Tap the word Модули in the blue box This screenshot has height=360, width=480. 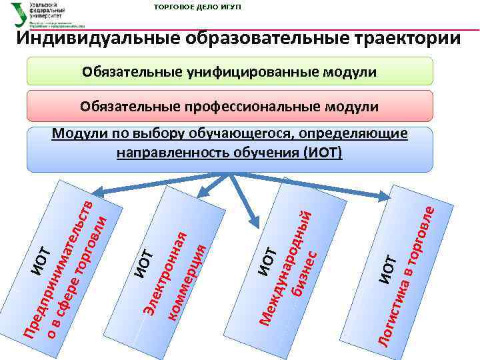pyautogui.click(x=75, y=134)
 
